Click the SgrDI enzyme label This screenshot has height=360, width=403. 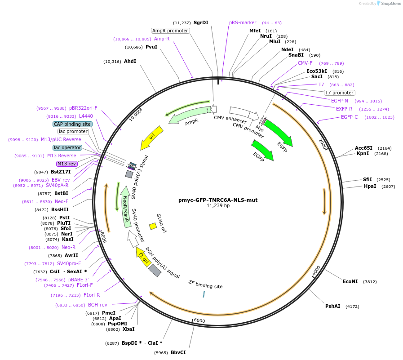click(x=200, y=22)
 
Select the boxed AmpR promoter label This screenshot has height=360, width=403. click(x=170, y=31)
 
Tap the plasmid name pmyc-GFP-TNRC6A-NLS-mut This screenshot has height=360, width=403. click(x=218, y=200)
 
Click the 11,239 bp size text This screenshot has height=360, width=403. click(x=218, y=206)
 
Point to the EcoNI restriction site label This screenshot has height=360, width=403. click(x=350, y=281)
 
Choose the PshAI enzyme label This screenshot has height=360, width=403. click(x=333, y=306)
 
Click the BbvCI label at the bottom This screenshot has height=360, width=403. click(x=178, y=352)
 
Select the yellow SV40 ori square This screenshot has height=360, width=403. click(x=153, y=226)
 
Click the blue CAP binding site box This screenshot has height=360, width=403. click(x=73, y=124)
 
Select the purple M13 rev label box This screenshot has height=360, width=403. click(x=67, y=164)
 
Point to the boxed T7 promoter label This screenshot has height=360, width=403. click(x=339, y=93)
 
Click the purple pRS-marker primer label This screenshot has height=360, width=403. click(x=243, y=22)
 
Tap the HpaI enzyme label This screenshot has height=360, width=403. click(x=370, y=186)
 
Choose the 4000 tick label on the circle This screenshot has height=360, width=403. click(x=316, y=270)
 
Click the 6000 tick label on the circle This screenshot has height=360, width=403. click(x=199, y=320)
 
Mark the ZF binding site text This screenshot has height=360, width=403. click(x=205, y=284)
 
